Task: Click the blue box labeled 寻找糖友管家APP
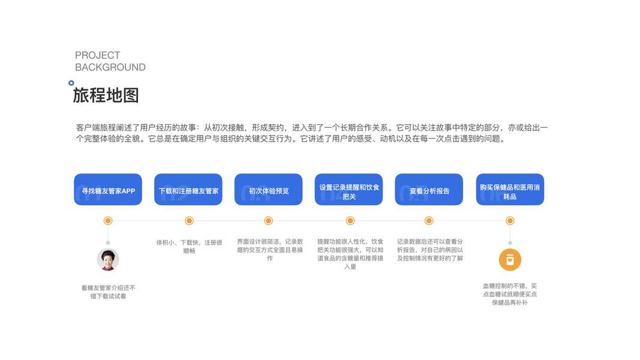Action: click(108, 190)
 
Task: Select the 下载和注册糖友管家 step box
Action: click(188, 190)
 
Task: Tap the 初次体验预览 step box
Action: click(268, 190)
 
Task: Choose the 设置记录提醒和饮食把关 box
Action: click(348, 190)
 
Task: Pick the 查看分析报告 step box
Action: click(429, 190)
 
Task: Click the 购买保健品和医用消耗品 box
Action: click(510, 190)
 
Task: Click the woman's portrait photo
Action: click(108, 260)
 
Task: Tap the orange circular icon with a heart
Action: click(510, 260)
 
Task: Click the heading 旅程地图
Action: click(106, 95)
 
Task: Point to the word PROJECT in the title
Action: click(97, 55)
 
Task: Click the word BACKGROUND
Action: click(110, 67)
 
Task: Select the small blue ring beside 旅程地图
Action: click(71, 83)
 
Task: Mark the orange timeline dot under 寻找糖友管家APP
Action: click(108, 221)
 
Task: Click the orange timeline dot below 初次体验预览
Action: click(268, 221)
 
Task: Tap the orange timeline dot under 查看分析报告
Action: click(429, 221)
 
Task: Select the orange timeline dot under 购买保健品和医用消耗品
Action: click(510, 221)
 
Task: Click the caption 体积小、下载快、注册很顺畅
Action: click(189, 247)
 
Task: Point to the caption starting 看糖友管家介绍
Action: click(108, 292)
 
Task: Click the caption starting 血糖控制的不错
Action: click(510, 294)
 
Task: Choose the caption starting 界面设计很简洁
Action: click(269, 250)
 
